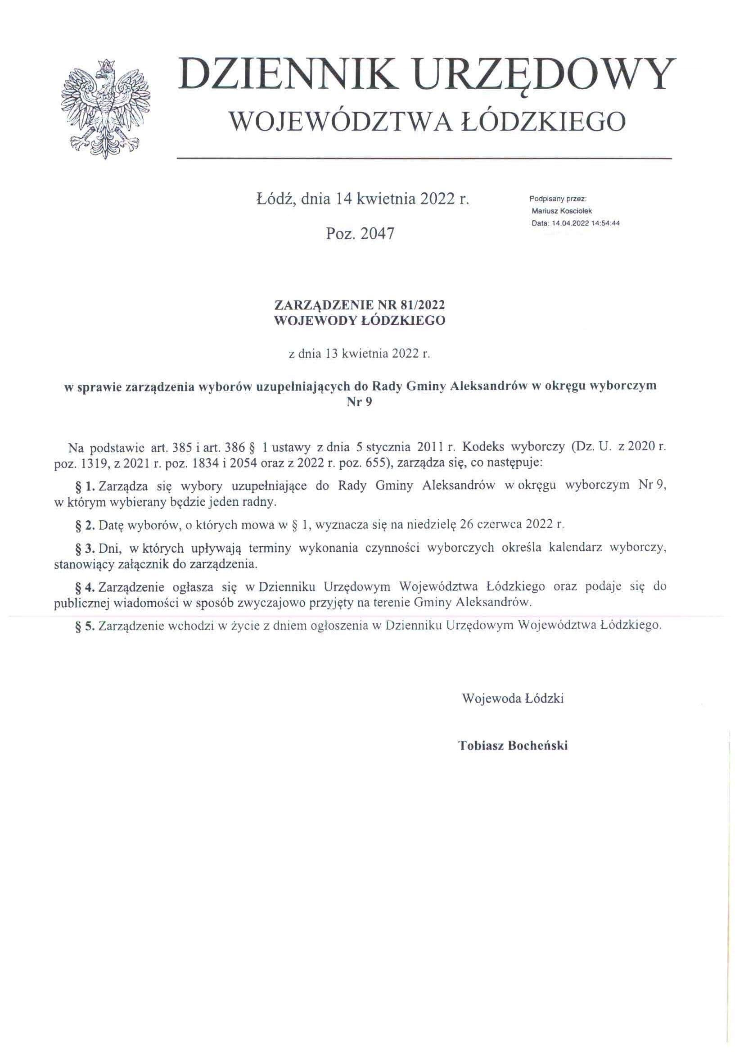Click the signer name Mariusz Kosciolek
point(562,211)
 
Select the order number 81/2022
point(422,305)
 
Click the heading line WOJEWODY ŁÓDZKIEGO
point(359,321)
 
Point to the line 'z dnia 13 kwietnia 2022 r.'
point(359,354)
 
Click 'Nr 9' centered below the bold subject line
point(359,402)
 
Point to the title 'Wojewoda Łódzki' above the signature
point(513,699)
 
